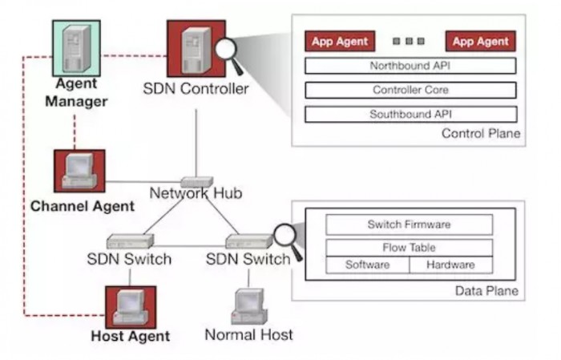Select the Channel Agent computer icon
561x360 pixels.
pyautogui.click(x=79, y=171)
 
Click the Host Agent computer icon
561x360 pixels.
pyautogui.click(x=131, y=305)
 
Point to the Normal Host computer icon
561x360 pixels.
pyautogui.click(x=248, y=305)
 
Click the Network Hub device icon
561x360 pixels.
pyautogui.click(x=196, y=182)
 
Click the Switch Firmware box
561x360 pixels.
pyautogui.click(x=409, y=224)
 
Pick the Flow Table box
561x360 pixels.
pyautogui.click(x=409, y=248)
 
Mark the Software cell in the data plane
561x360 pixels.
pyautogui.click(x=367, y=265)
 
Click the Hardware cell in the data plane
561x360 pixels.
pyautogui.click(x=450, y=265)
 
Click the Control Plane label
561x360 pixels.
pyautogui.click(x=481, y=133)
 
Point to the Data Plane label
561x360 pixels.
pyautogui.click(x=486, y=290)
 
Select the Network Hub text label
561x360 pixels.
pyautogui.click(x=196, y=194)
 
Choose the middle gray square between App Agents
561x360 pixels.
pyautogui.click(x=409, y=41)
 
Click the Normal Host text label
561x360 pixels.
pyautogui.click(x=249, y=334)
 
